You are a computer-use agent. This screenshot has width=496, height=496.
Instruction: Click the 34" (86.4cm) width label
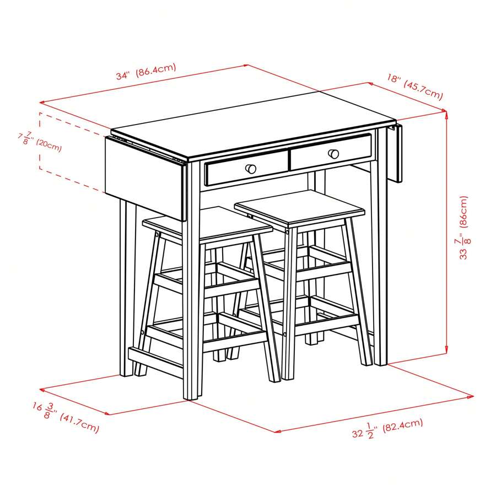(145, 72)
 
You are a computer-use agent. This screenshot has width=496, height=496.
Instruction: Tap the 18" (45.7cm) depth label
(414, 87)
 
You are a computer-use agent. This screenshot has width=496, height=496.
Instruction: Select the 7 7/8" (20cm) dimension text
(40, 141)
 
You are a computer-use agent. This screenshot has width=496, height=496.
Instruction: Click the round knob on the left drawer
(251, 168)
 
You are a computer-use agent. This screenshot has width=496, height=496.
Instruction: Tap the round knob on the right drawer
(333, 154)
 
